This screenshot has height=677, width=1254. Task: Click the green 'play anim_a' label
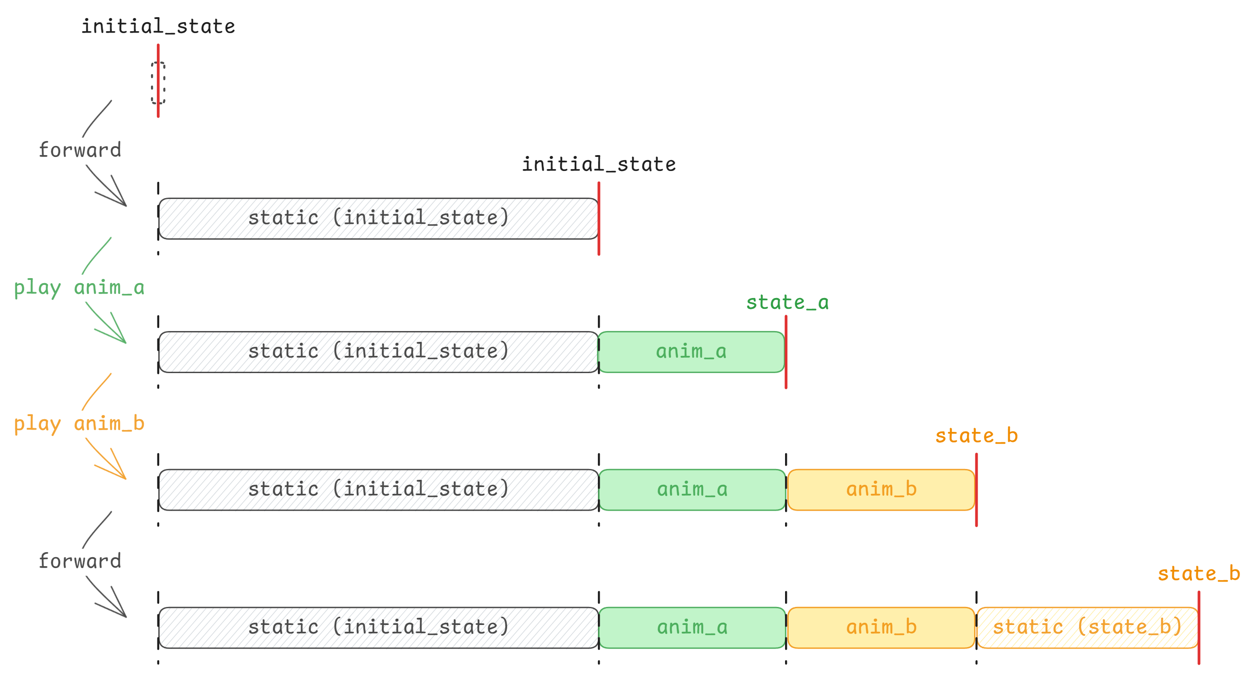pyautogui.click(x=79, y=288)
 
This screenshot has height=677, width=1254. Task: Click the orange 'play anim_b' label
pyautogui.click(x=79, y=424)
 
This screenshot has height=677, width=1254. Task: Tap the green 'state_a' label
pyautogui.click(x=787, y=303)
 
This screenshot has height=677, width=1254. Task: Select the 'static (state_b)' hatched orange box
pyautogui.click(x=1087, y=627)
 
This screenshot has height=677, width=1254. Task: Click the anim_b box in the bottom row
pyautogui.click(x=880, y=627)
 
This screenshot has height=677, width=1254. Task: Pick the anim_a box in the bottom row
pyautogui.click(x=692, y=627)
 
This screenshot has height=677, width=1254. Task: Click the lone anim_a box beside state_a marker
pyautogui.click(x=691, y=352)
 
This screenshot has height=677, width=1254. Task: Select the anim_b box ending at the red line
pyautogui.click(x=880, y=490)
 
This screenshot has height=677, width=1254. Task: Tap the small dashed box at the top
pyautogui.click(x=158, y=83)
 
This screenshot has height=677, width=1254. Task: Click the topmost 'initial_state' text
pyautogui.click(x=158, y=26)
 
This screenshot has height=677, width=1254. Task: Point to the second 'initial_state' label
pyautogui.click(x=598, y=165)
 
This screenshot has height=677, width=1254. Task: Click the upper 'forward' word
pyautogui.click(x=80, y=150)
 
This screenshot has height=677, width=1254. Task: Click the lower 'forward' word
pyautogui.click(x=80, y=561)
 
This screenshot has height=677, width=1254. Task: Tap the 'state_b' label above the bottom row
pyautogui.click(x=1198, y=574)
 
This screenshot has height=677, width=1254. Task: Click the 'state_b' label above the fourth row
pyautogui.click(x=976, y=436)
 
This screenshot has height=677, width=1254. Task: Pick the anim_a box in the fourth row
pyautogui.click(x=692, y=490)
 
